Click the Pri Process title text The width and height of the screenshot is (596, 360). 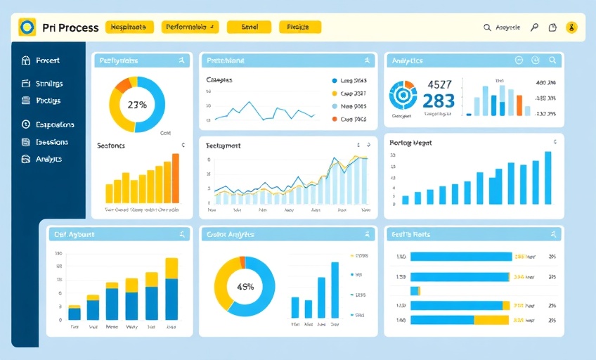pyautogui.click(x=70, y=27)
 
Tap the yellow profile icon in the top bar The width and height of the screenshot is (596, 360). pyautogui.click(x=571, y=27)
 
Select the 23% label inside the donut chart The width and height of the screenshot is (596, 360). pyautogui.click(x=137, y=105)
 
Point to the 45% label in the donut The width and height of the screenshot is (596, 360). pyautogui.click(x=245, y=286)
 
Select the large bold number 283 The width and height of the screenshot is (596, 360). pyautogui.click(x=439, y=101)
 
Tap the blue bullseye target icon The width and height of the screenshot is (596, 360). pyautogui.click(x=403, y=94)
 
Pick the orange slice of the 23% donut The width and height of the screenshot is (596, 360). pyautogui.click(x=124, y=85)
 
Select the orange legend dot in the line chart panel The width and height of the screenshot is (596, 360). pyautogui.click(x=334, y=120)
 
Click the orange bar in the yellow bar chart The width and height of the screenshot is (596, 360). pyautogui.click(x=175, y=179)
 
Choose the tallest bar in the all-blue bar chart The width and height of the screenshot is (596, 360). pyautogui.click(x=548, y=178)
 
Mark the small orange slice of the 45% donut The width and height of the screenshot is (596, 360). pyautogui.click(x=242, y=262)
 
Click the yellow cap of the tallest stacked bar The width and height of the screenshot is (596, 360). pyautogui.click(x=171, y=267)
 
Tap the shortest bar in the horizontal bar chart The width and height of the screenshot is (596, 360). pyautogui.click(x=415, y=290)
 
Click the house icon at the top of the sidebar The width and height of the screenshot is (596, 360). pyautogui.click(x=27, y=61)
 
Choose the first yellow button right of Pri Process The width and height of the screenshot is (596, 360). pyautogui.click(x=129, y=27)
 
